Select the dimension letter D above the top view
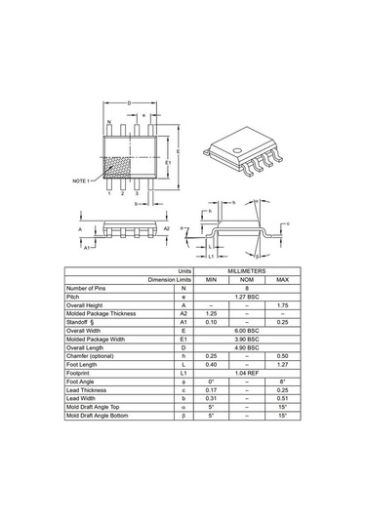(130, 102)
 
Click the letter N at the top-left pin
(109, 123)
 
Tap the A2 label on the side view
(167, 227)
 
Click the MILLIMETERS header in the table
(246, 271)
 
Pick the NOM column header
(246, 280)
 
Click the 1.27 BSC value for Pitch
(246, 297)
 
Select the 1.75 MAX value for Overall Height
(282, 305)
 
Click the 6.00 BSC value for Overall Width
(246, 331)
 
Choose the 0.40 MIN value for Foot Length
(210, 365)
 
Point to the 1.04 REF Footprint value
(246, 374)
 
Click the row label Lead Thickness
(89, 390)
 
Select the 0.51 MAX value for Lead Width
(282, 399)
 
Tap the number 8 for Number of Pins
(246, 288)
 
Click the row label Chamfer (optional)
(91, 356)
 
